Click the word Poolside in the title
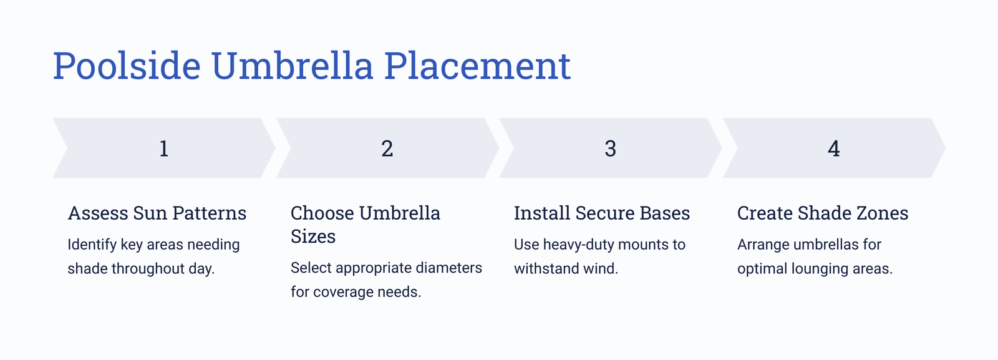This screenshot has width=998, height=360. coord(127,66)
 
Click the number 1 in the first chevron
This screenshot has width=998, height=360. coord(164,148)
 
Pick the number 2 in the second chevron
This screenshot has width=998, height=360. coord(387,148)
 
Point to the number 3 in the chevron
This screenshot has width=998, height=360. coord(611,148)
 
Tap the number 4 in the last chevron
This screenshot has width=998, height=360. coord(833,148)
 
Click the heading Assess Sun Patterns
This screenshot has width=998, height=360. coord(157,213)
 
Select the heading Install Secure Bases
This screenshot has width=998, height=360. coord(602,213)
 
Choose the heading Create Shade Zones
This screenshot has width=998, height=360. coord(823,213)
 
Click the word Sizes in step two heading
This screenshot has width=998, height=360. coord(313,236)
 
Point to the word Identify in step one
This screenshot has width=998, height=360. coord(92,245)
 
